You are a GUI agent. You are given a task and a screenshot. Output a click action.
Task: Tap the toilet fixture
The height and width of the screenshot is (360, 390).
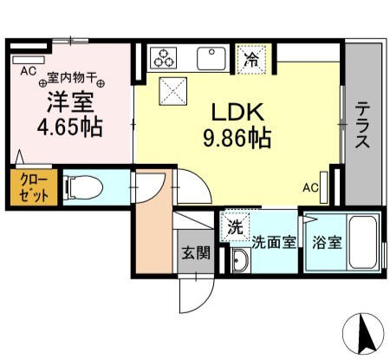(83, 186)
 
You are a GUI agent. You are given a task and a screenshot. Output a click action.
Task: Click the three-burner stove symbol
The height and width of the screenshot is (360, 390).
(163, 58)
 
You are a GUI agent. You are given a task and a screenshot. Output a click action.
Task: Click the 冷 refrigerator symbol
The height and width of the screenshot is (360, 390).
(250, 59)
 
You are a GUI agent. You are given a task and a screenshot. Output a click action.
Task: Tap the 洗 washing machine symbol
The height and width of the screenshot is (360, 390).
(235, 227)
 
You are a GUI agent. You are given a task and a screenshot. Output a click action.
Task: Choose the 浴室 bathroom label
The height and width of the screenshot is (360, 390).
(326, 242)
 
